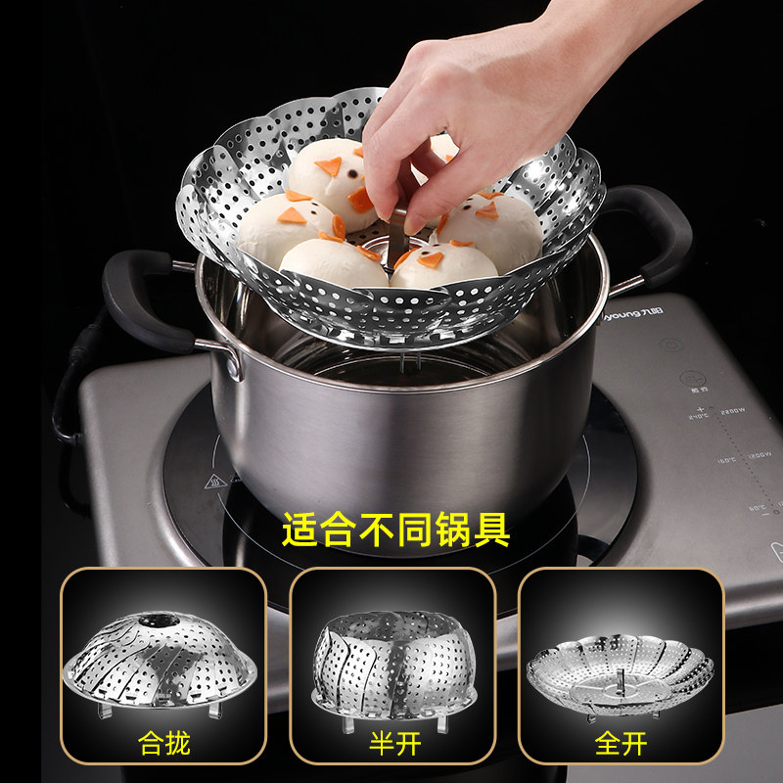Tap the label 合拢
(163, 743)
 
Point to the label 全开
(622, 743)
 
